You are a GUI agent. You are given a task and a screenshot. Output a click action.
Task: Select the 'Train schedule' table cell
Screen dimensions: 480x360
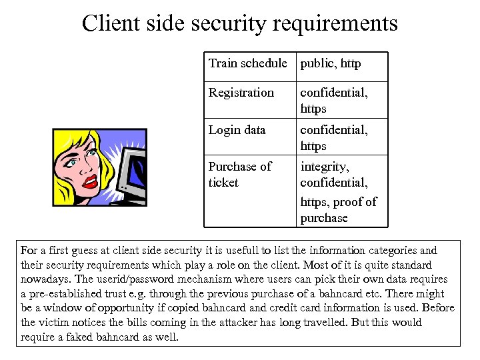point(247,64)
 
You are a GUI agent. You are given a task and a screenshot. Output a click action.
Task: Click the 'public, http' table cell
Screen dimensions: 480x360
point(331,64)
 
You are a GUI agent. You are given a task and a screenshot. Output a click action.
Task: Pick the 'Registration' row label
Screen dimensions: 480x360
point(241,93)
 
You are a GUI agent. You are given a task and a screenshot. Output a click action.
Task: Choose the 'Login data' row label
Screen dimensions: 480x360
point(237,130)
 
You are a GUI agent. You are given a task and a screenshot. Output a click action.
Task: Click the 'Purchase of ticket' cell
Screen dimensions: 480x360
point(240,174)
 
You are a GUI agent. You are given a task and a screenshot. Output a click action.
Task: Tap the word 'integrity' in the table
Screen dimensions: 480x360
point(325,166)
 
